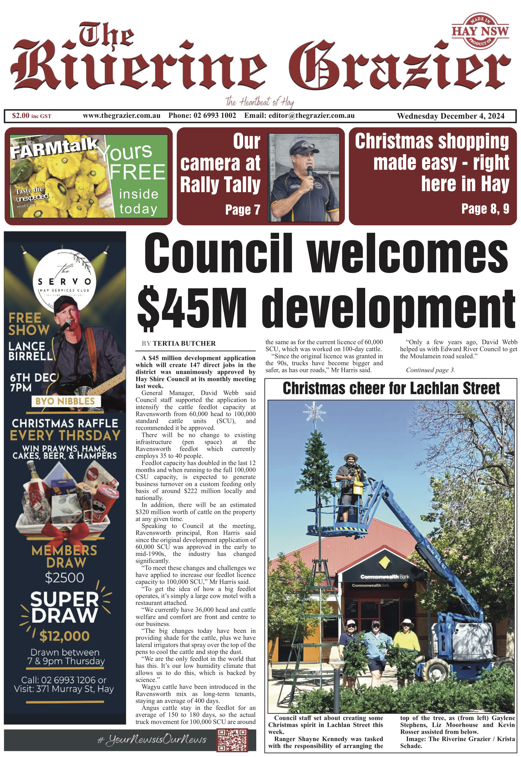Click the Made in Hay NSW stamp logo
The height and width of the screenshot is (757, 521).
click(x=480, y=31)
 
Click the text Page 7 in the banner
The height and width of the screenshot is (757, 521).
click(x=243, y=210)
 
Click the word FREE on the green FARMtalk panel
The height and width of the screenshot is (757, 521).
click(x=137, y=172)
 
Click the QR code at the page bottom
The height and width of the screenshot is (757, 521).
click(x=232, y=740)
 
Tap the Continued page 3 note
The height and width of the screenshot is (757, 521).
click(x=430, y=370)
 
